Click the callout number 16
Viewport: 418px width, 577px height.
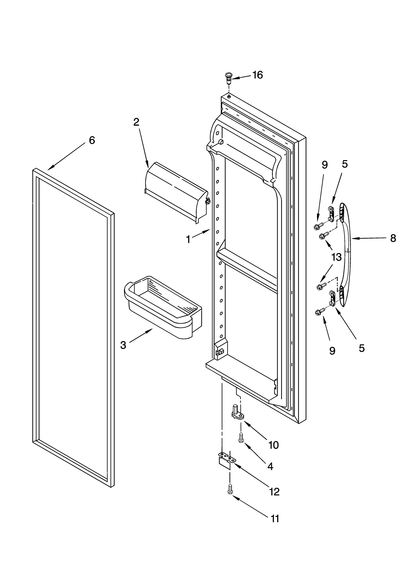point(257,75)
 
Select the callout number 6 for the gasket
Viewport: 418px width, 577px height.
point(92,140)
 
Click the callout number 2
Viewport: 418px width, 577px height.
point(136,122)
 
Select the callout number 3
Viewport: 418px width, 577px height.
point(123,345)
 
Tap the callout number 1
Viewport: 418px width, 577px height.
point(188,239)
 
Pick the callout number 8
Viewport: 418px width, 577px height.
point(393,238)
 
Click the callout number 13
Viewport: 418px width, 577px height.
point(336,257)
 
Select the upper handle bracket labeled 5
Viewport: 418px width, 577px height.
point(331,214)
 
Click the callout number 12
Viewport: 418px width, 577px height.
point(274,492)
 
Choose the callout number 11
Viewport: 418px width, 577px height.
point(275,518)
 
